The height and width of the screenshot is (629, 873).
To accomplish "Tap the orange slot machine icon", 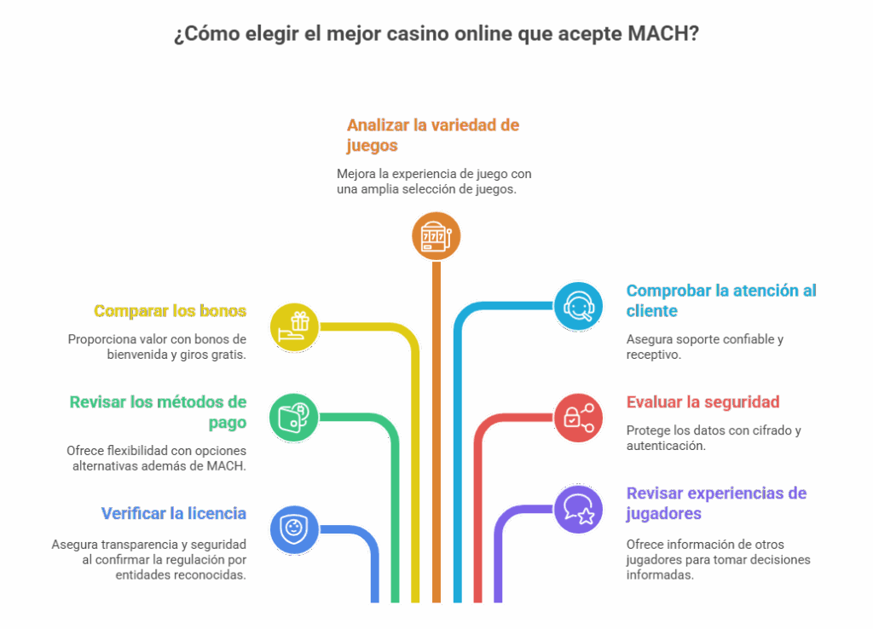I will point(436,235).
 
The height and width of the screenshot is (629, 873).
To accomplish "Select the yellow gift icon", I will point(295,326).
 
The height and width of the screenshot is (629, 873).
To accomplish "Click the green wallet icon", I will point(294,416).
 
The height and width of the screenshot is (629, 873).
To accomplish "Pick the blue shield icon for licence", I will point(294,528).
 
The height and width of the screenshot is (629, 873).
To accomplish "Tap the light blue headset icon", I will point(578,305).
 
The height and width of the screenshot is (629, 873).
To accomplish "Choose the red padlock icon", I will point(578,418).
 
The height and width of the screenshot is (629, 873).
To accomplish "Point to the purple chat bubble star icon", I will point(578,509).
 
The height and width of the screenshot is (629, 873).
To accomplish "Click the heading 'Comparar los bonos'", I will point(171,310).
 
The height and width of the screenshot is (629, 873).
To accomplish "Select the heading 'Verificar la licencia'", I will point(174,513).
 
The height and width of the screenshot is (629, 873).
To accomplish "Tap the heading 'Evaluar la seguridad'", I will point(703,401).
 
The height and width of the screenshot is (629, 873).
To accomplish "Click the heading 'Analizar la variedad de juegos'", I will point(432,136).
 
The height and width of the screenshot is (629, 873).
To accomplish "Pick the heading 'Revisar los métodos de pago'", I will point(158,412).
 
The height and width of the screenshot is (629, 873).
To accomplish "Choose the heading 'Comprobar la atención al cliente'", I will point(720,300).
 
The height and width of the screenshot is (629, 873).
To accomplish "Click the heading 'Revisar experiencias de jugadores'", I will point(716,503).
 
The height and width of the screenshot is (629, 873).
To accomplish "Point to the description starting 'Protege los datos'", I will point(713,437).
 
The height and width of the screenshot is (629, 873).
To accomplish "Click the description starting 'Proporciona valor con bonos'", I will point(158,346).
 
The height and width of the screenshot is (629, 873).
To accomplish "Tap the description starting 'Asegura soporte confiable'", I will point(704,346).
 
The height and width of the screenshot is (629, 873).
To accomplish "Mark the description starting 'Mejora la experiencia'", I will point(434,182).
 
